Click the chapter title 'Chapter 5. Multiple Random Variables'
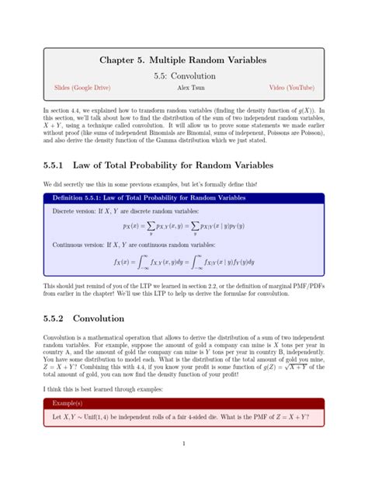183,61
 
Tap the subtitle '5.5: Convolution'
183,76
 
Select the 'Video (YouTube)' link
290,88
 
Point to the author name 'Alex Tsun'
183,88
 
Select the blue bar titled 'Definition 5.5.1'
183,198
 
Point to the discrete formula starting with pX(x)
183,227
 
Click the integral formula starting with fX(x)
183,262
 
